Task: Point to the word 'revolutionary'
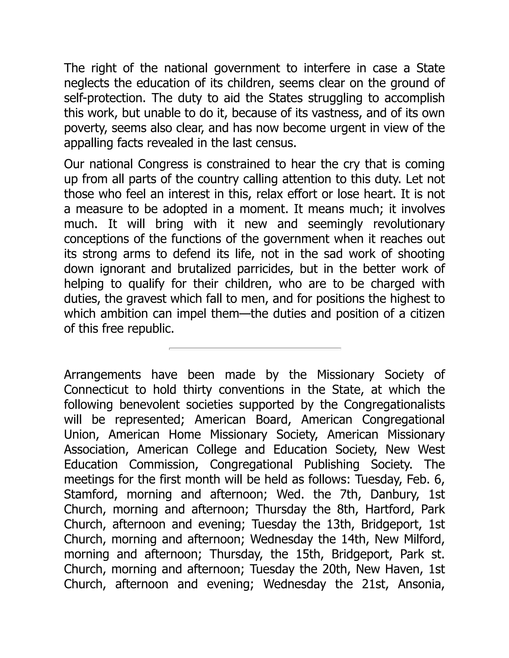[409, 224]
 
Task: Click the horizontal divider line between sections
[255, 349]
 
